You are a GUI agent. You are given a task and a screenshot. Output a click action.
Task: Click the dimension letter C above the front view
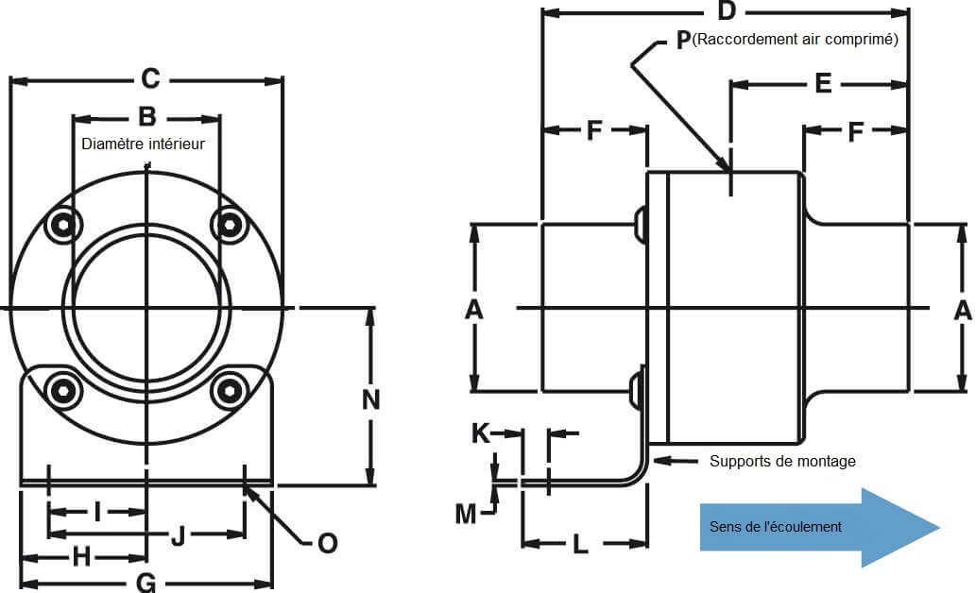tap(149, 79)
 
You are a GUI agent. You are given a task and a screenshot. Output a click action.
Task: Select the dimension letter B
tap(147, 117)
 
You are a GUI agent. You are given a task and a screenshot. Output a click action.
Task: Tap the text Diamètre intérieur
tap(143, 144)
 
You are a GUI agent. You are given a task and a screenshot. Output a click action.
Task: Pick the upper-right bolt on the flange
tap(228, 224)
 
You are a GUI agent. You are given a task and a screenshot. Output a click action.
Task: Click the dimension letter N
tap(370, 399)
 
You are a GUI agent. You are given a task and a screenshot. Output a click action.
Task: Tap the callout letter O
tap(327, 543)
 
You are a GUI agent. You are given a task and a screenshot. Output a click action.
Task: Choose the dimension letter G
tap(146, 583)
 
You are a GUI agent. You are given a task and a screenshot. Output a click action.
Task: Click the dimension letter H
tap(82, 557)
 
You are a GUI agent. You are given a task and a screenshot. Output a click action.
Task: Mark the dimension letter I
tap(98, 512)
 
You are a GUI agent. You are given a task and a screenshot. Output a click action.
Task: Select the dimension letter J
tap(178, 536)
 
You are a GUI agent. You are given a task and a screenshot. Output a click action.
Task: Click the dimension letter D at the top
tap(727, 11)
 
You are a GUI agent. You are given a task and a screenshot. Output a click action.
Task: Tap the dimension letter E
tap(823, 84)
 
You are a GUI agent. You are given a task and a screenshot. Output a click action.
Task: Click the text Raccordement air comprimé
tap(795, 40)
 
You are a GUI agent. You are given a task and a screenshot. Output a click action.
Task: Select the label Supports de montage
tap(782, 461)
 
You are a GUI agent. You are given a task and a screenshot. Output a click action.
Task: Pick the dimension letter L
tap(581, 544)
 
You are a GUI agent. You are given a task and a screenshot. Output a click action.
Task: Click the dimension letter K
tap(481, 433)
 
